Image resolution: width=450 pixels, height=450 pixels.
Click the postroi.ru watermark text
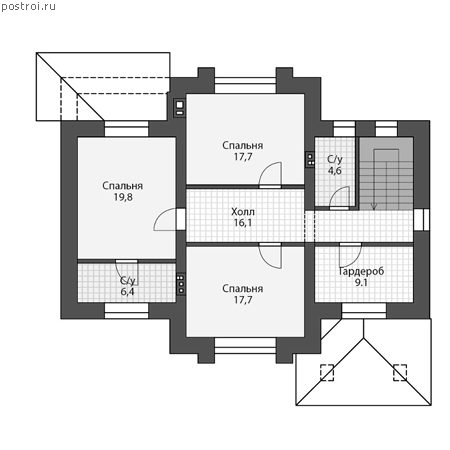(x=28, y=7)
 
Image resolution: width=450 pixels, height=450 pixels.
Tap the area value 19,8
(x=123, y=197)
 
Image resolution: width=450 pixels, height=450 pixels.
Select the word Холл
(x=243, y=212)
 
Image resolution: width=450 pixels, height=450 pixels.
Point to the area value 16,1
(x=243, y=223)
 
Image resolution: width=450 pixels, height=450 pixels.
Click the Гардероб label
(x=361, y=271)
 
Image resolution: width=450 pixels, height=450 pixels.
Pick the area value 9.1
(x=361, y=283)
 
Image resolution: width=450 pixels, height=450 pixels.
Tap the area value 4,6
(x=335, y=171)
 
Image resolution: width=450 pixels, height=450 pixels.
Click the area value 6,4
(x=127, y=292)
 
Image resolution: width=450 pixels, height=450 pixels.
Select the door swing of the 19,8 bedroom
(x=165, y=219)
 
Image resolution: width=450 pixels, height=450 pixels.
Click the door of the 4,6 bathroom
(x=339, y=198)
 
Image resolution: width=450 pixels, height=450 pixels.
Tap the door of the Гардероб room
(x=350, y=255)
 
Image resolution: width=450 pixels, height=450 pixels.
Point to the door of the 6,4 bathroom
(x=127, y=271)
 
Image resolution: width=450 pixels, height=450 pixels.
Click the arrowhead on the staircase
(x=374, y=207)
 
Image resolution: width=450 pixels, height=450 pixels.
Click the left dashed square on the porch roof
(x=327, y=372)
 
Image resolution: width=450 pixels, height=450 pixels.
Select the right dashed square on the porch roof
(x=400, y=372)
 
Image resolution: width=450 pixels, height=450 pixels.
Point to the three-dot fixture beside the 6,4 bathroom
(x=181, y=284)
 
